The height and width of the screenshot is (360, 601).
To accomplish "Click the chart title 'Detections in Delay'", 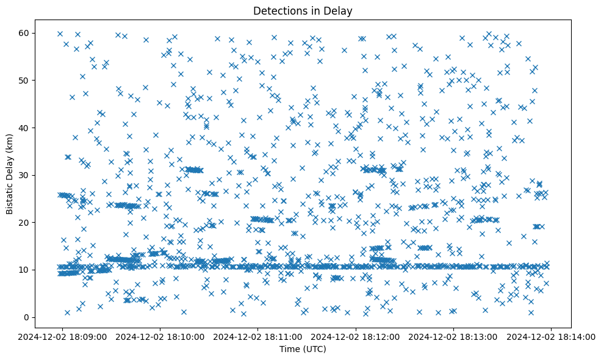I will click(x=303, y=10).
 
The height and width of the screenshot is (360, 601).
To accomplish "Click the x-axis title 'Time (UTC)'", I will click(x=303, y=349).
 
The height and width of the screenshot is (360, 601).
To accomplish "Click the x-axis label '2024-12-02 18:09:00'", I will click(x=62, y=336).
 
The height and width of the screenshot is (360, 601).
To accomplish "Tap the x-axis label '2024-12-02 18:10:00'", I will click(x=160, y=336).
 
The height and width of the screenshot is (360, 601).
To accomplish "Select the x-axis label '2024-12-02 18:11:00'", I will click(x=257, y=336).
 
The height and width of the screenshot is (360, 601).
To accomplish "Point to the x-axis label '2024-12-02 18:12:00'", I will click(x=356, y=336).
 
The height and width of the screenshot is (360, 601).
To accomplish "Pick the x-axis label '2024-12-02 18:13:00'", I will click(x=453, y=336).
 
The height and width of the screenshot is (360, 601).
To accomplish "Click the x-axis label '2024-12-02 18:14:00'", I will click(x=552, y=336).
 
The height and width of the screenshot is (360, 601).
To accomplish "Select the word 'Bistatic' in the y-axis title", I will click(x=10, y=200).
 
